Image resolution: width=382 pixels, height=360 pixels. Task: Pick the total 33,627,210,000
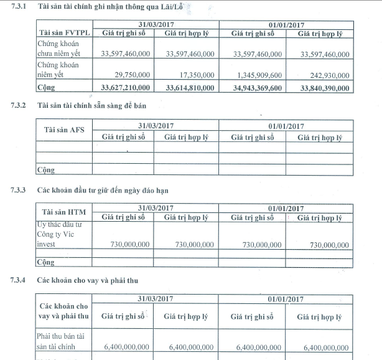[x=123, y=88]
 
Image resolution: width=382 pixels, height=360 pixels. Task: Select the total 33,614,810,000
[x=189, y=88]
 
